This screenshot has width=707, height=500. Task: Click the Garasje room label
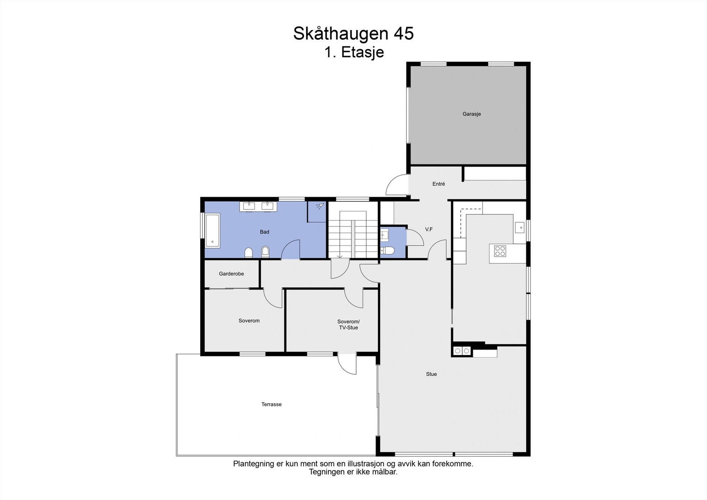pyautogui.click(x=471, y=114)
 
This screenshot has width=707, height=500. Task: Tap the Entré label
pyautogui.click(x=439, y=184)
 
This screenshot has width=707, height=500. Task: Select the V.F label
pyautogui.click(x=429, y=229)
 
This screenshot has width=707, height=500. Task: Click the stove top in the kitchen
pyautogui.click(x=500, y=251)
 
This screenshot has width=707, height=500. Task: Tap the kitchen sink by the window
pyautogui.click(x=520, y=228)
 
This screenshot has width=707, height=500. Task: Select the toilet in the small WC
pyautogui.click(x=388, y=251)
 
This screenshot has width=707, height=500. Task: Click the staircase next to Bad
pyautogui.click(x=353, y=234)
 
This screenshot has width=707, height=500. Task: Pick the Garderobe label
pyautogui.click(x=231, y=274)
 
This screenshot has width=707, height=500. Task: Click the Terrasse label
pyautogui.click(x=271, y=405)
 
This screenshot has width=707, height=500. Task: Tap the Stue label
pyautogui.click(x=431, y=374)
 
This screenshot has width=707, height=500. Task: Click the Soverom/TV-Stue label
pyautogui.click(x=348, y=324)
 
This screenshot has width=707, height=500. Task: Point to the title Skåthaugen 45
pyautogui.click(x=353, y=34)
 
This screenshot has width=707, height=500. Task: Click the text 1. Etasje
pyautogui.click(x=354, y=52)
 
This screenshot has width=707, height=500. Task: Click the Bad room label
pyautogui.click(x=264, y=232)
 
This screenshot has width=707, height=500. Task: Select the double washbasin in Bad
pyautogui.click(x=258, y=206)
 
